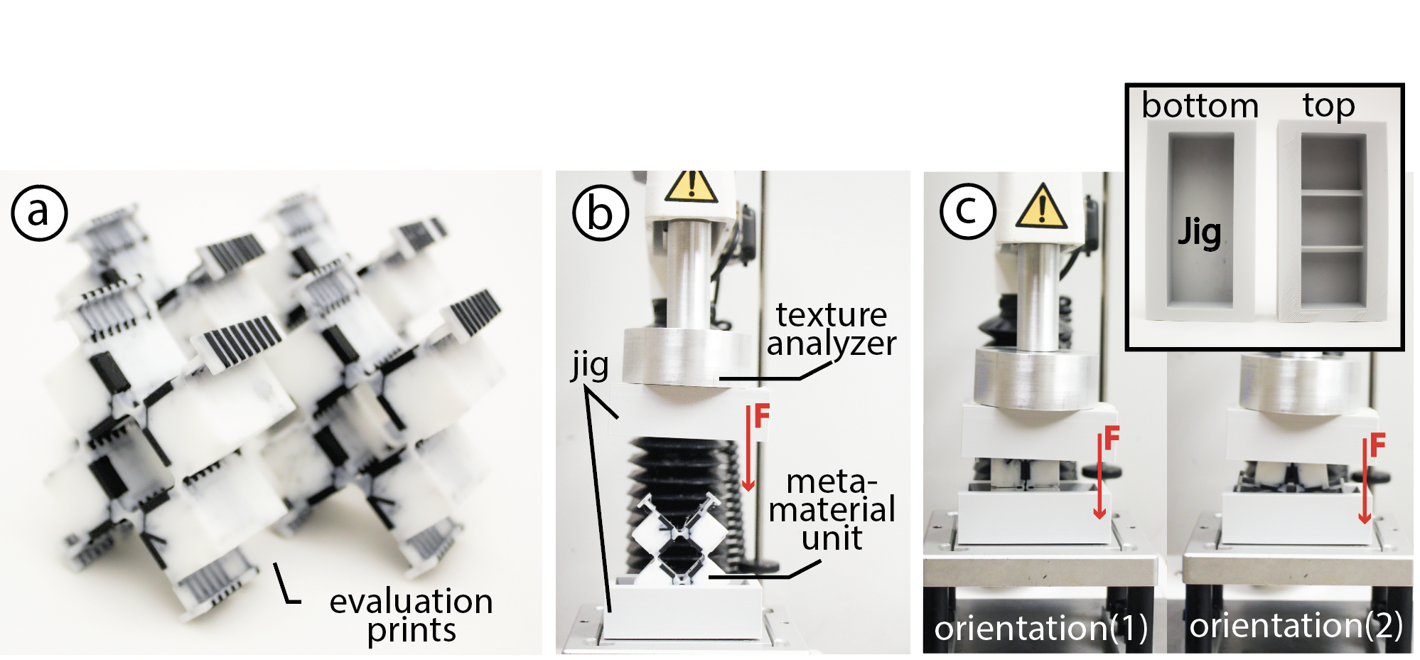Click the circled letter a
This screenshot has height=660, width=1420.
point(39,212)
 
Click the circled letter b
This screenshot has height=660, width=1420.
point(601,212)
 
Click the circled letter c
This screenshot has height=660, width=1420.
point(967,210)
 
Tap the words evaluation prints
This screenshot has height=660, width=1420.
point(412,615)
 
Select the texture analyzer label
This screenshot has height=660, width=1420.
point(832,329)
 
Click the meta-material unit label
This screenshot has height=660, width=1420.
point(832,509)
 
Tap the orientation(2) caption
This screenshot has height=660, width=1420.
point(1296,626)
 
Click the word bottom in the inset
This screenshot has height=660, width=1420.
point(1200,105)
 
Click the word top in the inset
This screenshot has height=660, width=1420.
point(1329,106)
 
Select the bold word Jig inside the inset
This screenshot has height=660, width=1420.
point(1200,231)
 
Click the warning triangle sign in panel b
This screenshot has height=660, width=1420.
point(691,186)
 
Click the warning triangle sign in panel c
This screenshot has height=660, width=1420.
point(1042,207)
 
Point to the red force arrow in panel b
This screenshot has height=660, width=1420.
point(748,448)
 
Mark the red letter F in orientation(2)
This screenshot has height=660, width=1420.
point(1377,445)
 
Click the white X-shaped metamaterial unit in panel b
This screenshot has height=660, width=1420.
point(679,538)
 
